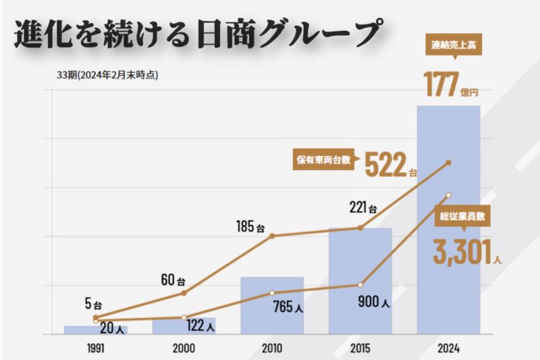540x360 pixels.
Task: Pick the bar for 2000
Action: (184, 326)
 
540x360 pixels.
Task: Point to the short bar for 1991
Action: (95, 330)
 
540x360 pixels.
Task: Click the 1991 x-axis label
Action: (95, 349)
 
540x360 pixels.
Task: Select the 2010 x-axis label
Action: (271, 349)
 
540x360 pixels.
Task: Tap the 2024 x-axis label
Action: (448, 349)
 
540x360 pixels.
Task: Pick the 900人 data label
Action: (373, 303)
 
